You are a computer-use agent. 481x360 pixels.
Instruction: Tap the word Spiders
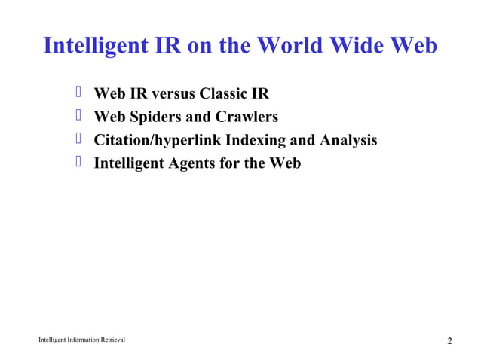[x=158, y=117]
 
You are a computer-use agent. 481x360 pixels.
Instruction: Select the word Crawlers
[x=247, y=117]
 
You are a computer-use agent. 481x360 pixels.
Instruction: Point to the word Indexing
[x=261, y=141]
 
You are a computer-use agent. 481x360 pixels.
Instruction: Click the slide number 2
[x=449, y=342]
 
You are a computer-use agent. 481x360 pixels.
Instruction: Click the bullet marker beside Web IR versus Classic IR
[x=78, y=93]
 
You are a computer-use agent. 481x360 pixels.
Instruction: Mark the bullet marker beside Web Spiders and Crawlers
[x=78, y=117]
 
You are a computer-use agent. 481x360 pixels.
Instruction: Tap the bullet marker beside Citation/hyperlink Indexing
[x=78, y=140]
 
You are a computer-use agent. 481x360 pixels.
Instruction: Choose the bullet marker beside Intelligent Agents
[x=78, y=163]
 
